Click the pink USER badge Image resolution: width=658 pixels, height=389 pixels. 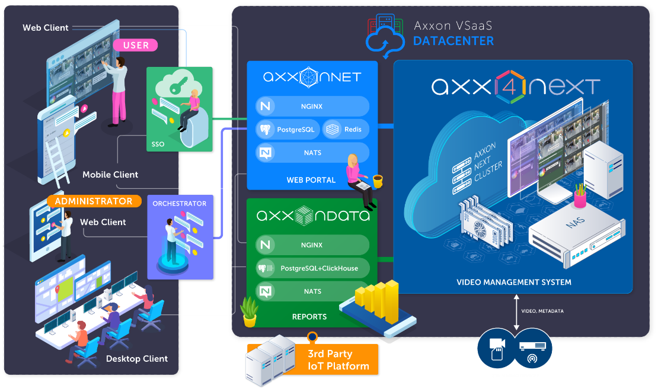coord(136,45)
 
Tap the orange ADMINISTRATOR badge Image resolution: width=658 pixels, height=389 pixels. coord(94,201)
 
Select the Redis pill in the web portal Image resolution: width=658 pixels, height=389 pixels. coord(346,129)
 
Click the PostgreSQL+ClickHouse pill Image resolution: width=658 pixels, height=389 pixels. coord(312,268)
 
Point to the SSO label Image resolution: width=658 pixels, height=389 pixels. coord(158,144)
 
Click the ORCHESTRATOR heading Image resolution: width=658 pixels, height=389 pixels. coord(180,204)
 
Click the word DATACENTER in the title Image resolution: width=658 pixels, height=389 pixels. coord(453,41)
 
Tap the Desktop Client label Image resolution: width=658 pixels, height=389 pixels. coord(136,359)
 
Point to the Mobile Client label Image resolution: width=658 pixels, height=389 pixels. coord(110,175)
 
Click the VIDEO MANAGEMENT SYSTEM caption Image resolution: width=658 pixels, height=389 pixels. coord(514,282)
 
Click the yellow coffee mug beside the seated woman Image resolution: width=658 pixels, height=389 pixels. coord(378,180)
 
